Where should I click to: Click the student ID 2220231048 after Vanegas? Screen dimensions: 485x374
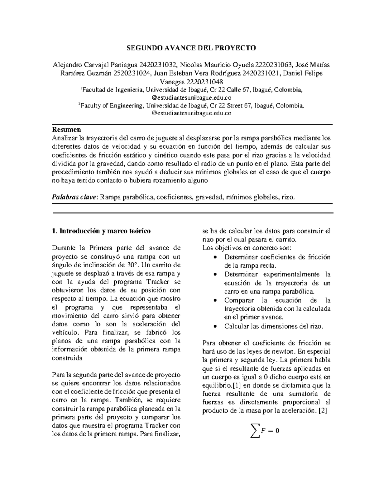click(x=205, y=82)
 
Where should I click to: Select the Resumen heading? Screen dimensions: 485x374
click(x=66, y=129)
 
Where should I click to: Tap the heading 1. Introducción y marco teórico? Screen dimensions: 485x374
click(x=101, y=231)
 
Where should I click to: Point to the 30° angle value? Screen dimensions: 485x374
click(x=132, y=265)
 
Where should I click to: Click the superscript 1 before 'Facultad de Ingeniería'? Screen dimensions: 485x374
click(x=81, y=89)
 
